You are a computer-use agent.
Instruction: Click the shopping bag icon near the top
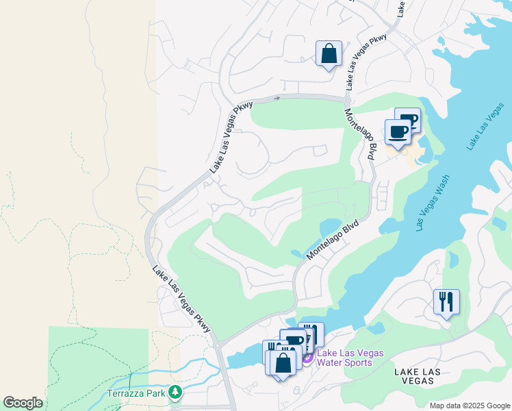(329, 53)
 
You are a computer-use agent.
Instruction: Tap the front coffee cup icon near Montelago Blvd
(398, 132)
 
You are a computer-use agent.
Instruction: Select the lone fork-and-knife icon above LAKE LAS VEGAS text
(446, 301)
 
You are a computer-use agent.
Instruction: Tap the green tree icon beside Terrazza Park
(177, 393)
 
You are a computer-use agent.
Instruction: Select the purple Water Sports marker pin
(307, 357)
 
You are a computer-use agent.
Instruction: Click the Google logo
(23, 403)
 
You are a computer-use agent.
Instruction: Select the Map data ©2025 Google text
(470, 405)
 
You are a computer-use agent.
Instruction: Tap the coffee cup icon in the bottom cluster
(294, 340)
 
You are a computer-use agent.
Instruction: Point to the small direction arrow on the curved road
(277, 98)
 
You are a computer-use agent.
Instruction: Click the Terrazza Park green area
(96, 356)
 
